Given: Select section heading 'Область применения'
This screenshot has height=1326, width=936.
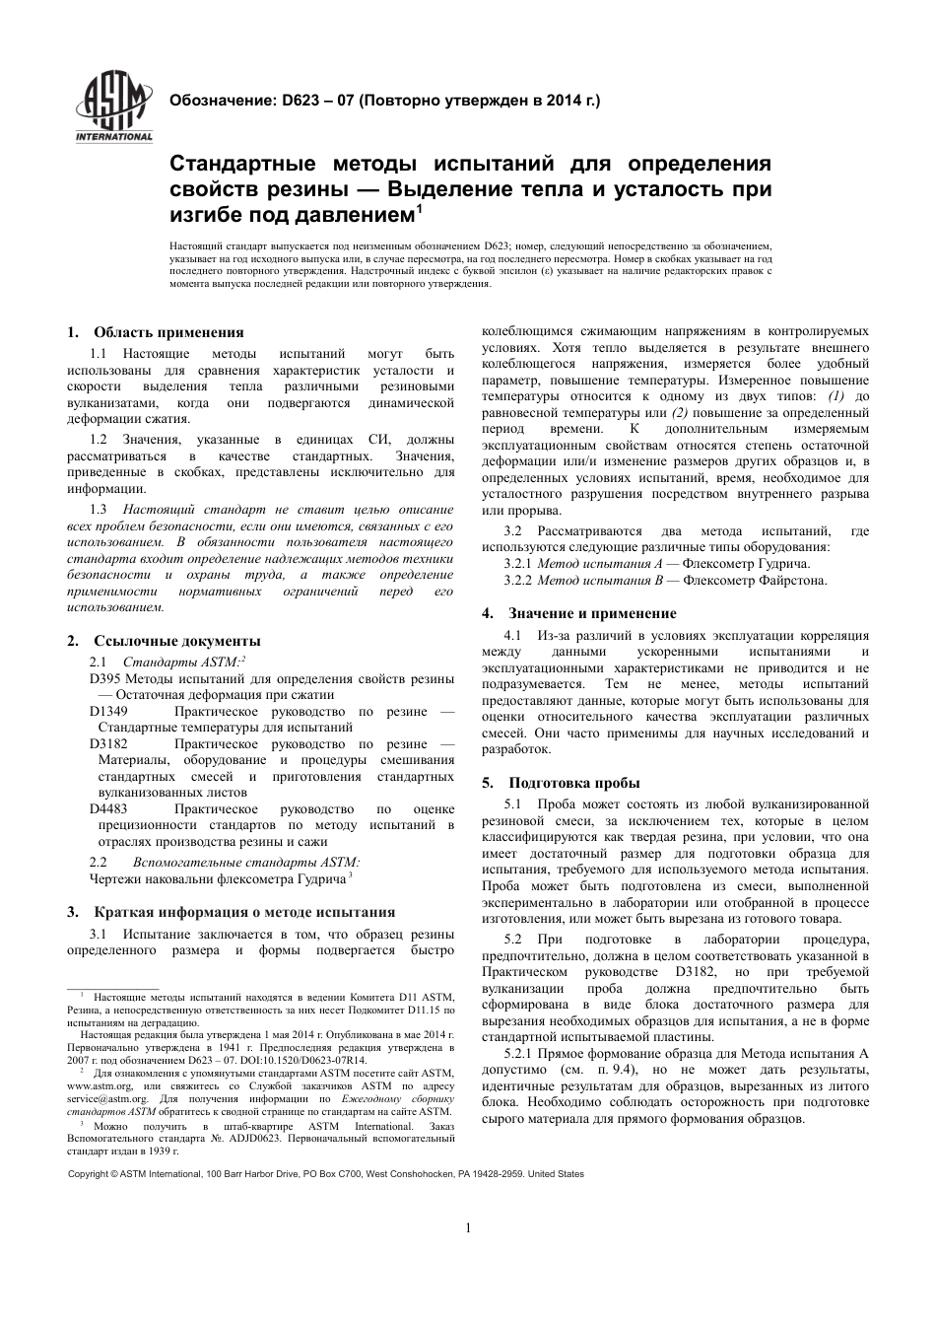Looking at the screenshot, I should (168, 332).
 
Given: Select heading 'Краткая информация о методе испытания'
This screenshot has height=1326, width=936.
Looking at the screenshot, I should (244, 912).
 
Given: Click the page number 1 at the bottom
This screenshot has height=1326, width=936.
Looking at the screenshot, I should (468, 1227).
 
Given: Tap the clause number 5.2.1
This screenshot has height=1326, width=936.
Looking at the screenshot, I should (519, 1054).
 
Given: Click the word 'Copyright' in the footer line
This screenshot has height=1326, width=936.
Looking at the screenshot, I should (88, 1174).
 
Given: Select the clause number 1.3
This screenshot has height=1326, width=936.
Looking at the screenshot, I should (98, 510).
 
